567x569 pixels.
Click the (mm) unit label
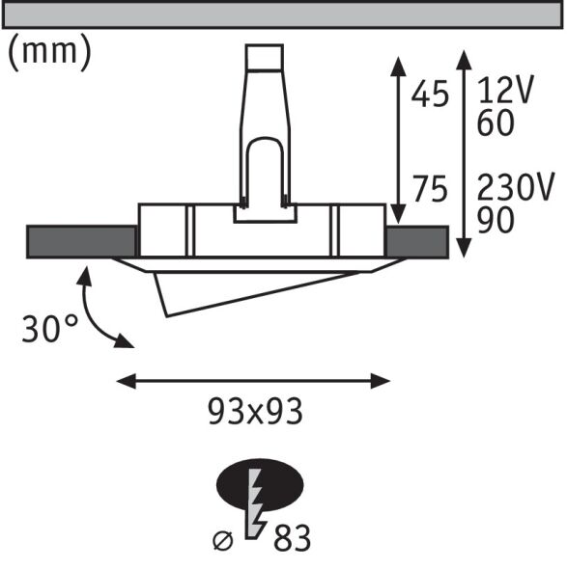[49, 54]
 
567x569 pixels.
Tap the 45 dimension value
[430, 94]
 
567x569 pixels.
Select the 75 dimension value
[430, 190]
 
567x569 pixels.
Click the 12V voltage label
[506, 94]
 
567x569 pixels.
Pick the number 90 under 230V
[496, 220]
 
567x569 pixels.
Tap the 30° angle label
[50, 329]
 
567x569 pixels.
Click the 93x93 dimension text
[255, 412]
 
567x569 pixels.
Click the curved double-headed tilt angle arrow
[97, 309]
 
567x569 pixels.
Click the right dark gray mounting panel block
[416, 241]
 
